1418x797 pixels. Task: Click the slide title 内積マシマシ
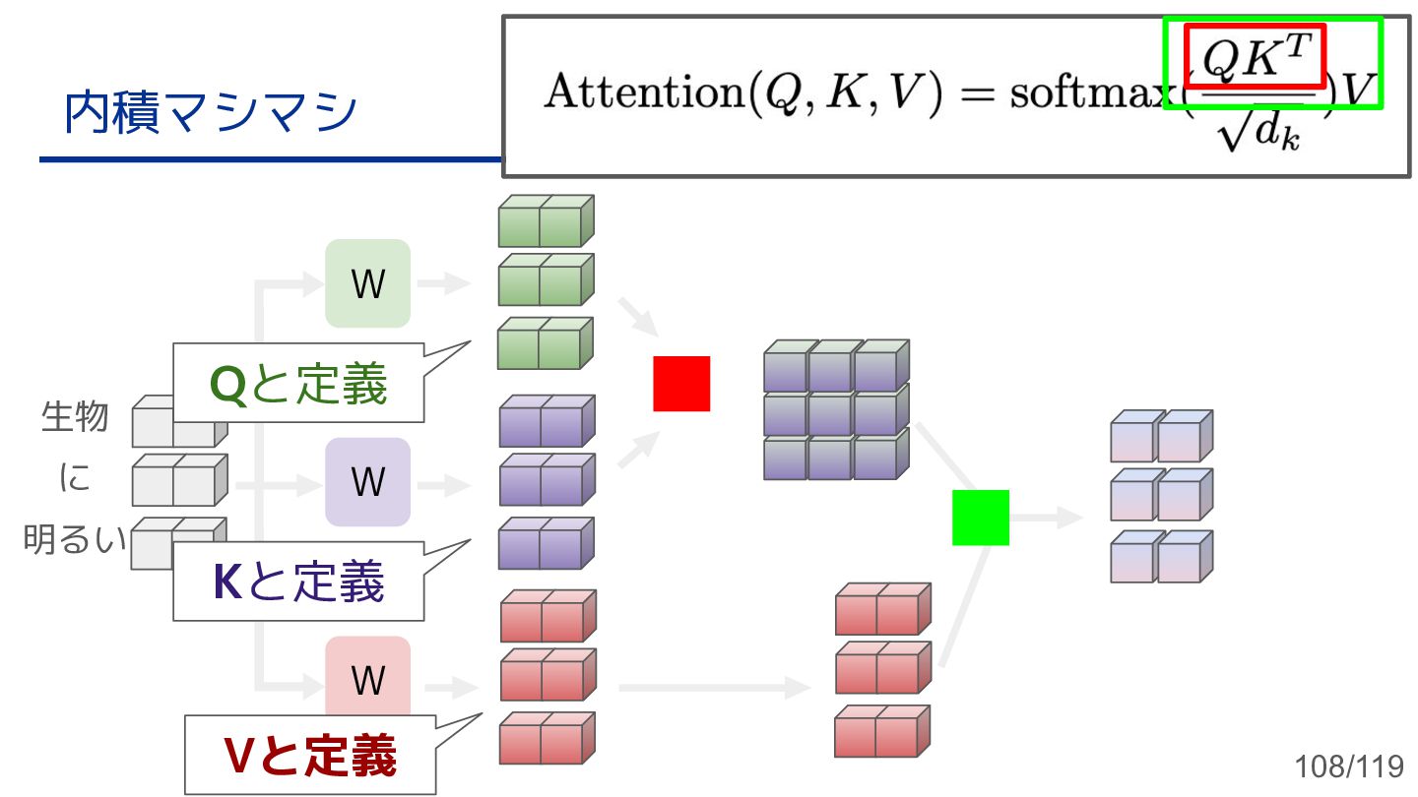pos(210,113)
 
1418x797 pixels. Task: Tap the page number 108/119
pos(1348,766)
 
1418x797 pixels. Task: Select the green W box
pos(367,283)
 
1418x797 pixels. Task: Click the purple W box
pos(367,481)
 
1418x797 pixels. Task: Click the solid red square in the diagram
pos(681,384)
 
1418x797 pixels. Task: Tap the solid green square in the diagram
pos(981,518)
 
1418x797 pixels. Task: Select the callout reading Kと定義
pos(298,582)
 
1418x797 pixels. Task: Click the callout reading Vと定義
pos(310,755)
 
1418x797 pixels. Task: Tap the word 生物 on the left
pos(74,416)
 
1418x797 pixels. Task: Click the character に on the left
pos(74,478)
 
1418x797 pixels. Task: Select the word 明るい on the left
pos(74,540)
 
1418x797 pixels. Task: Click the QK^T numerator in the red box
pos(1255,56)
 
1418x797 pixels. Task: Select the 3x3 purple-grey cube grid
pos(835,410)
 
